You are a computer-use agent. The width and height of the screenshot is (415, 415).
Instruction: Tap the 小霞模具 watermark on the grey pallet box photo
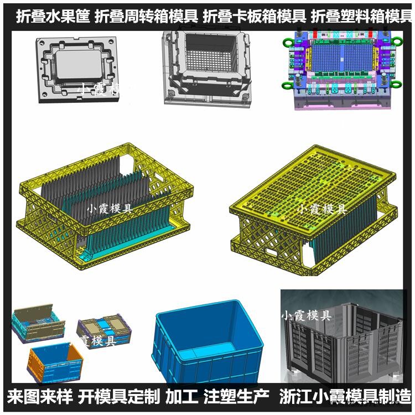[x=306, y=316]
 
